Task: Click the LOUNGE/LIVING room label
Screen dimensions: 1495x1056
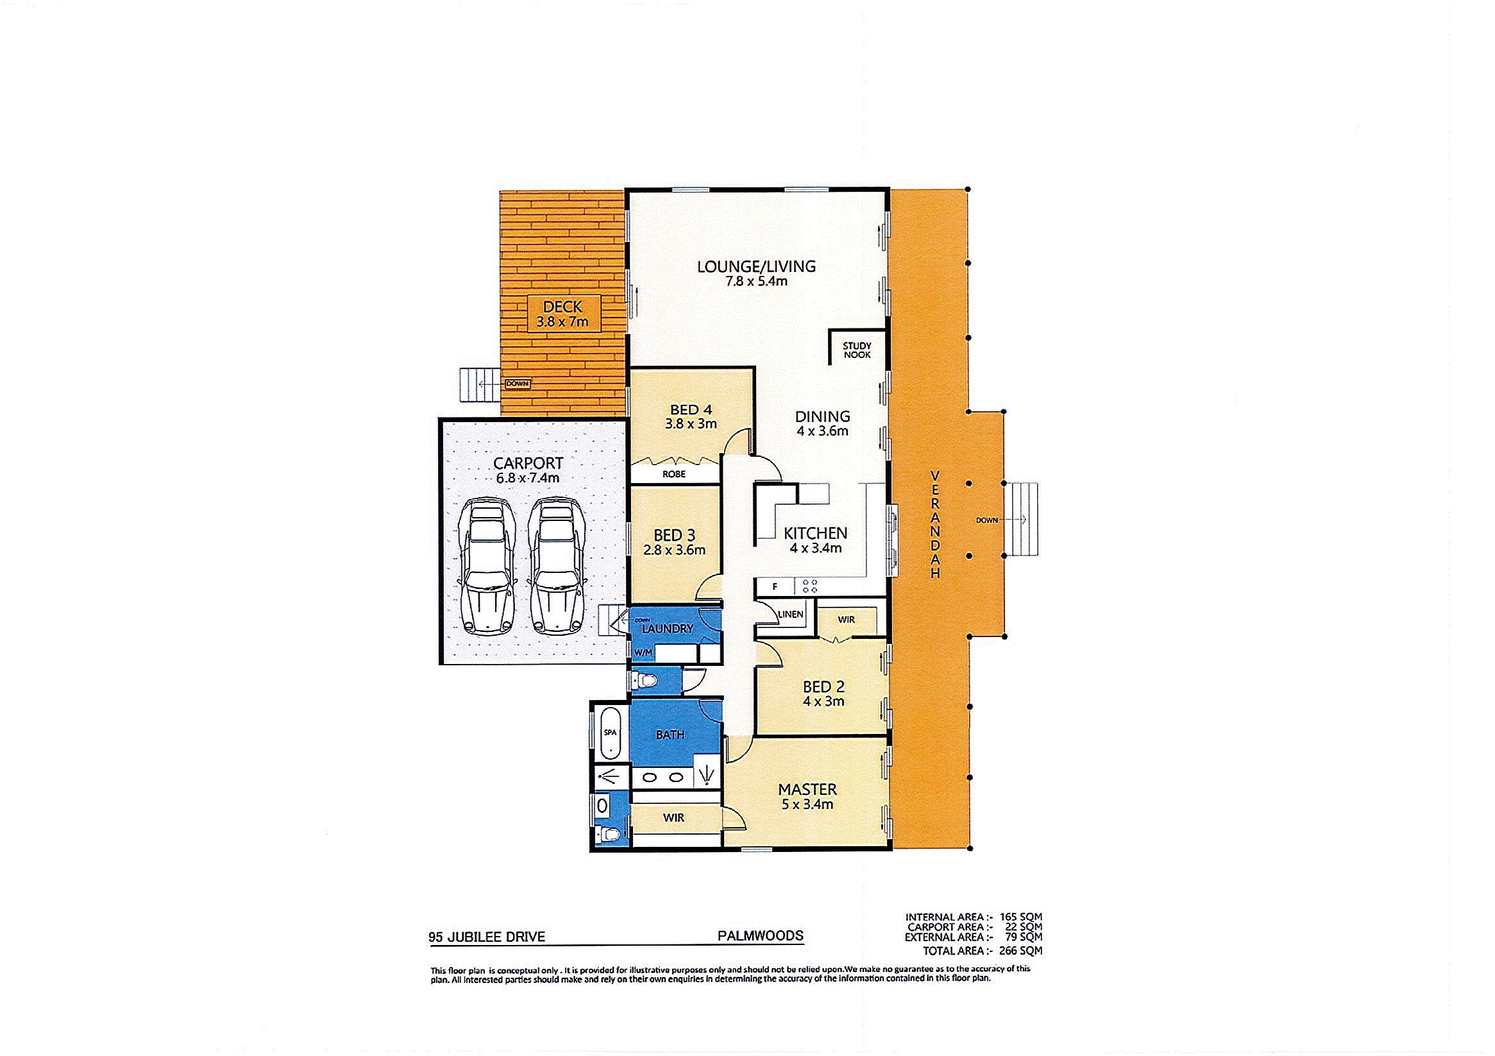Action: pos(756,266)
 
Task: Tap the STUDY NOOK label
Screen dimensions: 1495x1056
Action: pos(857,350)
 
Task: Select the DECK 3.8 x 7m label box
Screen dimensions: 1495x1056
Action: pos(562,313)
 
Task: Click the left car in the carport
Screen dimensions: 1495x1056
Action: pos(487,566)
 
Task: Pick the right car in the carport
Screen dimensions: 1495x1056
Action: pos(555,566)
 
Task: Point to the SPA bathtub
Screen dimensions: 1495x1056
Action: pos(610,733)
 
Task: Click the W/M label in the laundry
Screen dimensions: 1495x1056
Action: pos(643,652)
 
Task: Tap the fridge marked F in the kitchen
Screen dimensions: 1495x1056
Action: pos(775,587)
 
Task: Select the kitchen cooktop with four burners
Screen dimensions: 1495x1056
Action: pos(810,586)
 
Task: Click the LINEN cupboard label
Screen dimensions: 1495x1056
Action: pos(791,615)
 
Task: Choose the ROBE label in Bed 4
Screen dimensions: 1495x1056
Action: pos(674,474)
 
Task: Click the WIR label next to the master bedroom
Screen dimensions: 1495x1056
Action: pos(673,817)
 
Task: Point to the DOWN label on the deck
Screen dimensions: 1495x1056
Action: pos(518,384)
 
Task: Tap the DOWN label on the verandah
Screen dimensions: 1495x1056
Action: pos(986,520)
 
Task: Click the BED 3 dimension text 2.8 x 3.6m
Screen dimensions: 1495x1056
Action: pos(674,550)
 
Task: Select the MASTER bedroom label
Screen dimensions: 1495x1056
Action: pos(807,789)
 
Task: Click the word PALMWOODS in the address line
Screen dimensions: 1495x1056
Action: pos(760,936)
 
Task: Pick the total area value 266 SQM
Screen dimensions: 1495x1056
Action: pos(1020,951)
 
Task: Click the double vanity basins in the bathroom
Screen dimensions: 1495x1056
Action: pos(664,777)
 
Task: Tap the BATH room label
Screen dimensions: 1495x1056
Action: pos(670,735)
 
